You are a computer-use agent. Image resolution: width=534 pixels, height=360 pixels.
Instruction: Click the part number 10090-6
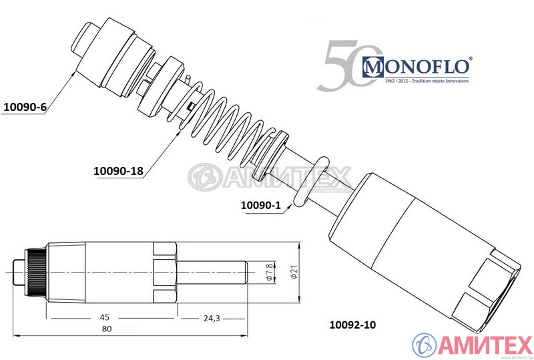click(25, 106)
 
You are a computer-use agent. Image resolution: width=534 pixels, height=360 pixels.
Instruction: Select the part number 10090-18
click(119, 171)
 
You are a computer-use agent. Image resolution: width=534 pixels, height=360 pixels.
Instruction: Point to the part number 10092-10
click(352, 325)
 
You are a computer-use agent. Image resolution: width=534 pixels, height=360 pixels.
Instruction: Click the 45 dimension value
click(105, 317)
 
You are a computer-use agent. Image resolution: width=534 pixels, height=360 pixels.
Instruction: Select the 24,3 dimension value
click(211, 317)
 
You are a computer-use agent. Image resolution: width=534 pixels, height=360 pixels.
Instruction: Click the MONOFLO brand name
click(417, 66)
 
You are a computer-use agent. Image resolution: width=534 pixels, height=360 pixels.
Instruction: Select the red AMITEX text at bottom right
click(483, 345)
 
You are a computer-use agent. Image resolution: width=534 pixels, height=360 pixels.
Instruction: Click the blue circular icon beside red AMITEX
click(425, 345)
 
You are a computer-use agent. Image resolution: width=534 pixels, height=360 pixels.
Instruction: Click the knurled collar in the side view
click(35, 273)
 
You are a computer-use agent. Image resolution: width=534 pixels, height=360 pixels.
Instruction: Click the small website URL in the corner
click(519, 357)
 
